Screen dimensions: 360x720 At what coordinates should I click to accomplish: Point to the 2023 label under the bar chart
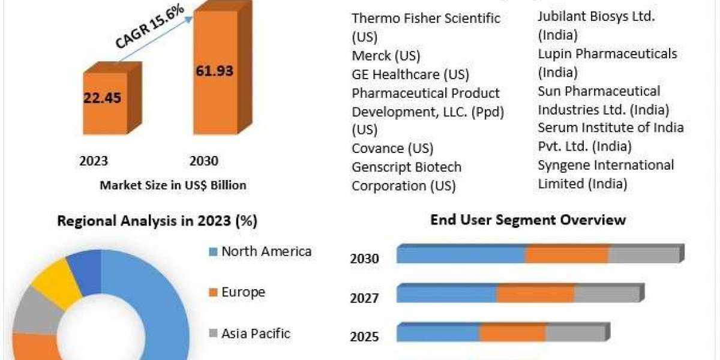94,161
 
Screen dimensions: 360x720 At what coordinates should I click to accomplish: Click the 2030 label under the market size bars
203,161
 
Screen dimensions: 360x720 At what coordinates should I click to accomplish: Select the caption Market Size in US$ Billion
173,185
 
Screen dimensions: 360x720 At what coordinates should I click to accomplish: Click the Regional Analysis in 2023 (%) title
157,221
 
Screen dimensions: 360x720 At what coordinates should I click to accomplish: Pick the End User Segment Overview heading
528,220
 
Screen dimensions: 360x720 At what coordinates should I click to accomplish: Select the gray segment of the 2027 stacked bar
606,294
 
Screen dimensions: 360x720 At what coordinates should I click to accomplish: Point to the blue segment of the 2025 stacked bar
438,333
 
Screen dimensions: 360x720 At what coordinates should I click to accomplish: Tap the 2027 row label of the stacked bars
364,298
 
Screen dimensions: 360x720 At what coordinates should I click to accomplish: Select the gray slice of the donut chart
31,313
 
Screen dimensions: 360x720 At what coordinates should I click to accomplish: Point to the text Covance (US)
392,148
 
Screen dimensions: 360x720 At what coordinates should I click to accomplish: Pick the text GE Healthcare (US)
410,74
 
